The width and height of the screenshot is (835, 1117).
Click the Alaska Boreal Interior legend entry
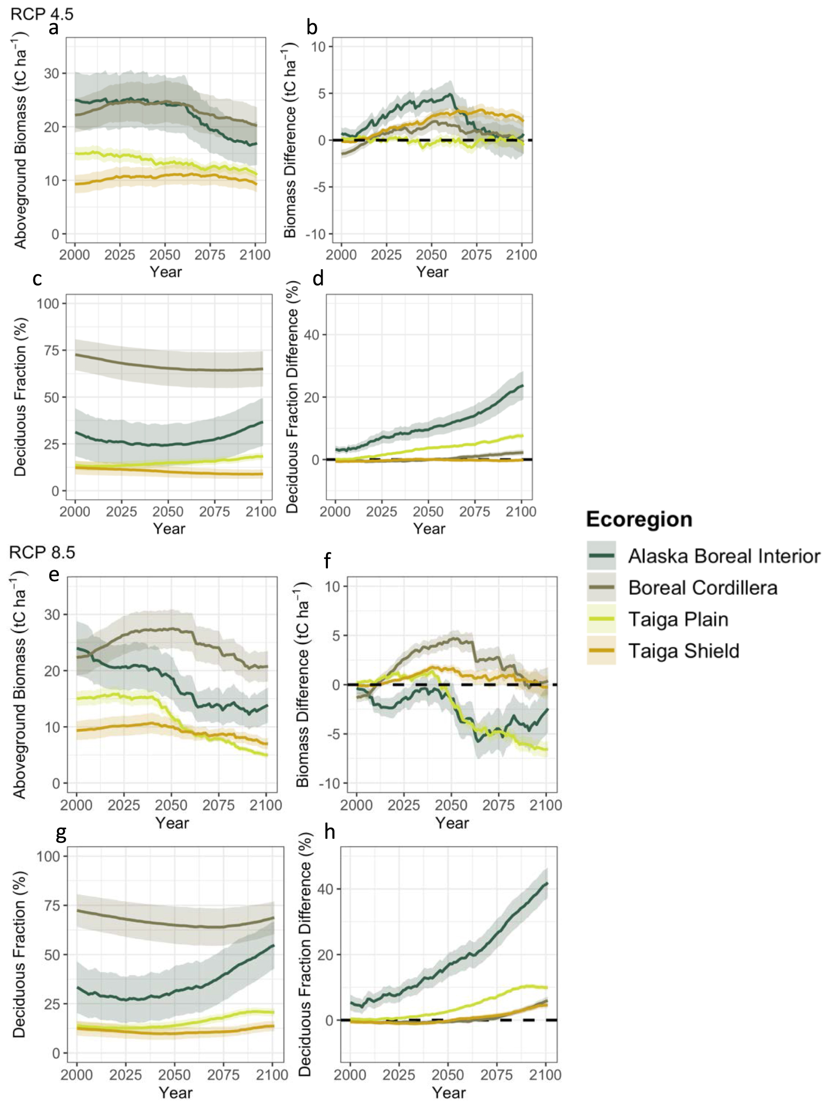pyautogui.click(x=723, y=556)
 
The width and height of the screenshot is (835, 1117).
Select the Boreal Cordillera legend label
pyautogui.click(x=702, y=588)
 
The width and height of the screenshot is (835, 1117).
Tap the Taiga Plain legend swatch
pyautogui.click(x=601, y=619)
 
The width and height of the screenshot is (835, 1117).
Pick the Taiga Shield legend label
pyautogui.click(x=683, y=651)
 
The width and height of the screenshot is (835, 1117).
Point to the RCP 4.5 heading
pyautogui.click(x=42, y=14)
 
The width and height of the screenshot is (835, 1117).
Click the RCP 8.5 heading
pyautogui.click(x=42, y=552)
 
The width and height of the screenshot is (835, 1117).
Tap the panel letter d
pyautogui.click(x=318, y=278)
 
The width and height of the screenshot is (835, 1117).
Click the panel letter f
pyautogui.click(x=327, y=560)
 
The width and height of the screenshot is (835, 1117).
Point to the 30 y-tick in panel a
pyautogui.click(x=52, y=73)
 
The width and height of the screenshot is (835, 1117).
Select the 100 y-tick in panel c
pyautogui.click(x=48, y=303)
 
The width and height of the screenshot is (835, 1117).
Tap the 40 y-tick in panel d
pyautogui.click(x=312, y=335)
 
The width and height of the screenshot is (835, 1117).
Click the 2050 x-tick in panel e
pyautogui.click(x=171, y=805)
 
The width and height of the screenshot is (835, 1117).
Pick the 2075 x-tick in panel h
pyautogui.click(x=496, y=1074)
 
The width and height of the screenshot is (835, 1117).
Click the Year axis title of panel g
pyautogui.click(x=175, y=1093)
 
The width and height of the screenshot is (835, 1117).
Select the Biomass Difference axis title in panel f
pyautogui.click(x=302, y=685)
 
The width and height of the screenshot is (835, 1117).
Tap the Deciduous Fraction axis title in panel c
pyautogui.click(x=20, y=397)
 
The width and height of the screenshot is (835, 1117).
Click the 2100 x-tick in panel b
pyautogui.click(x=521, y=255)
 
